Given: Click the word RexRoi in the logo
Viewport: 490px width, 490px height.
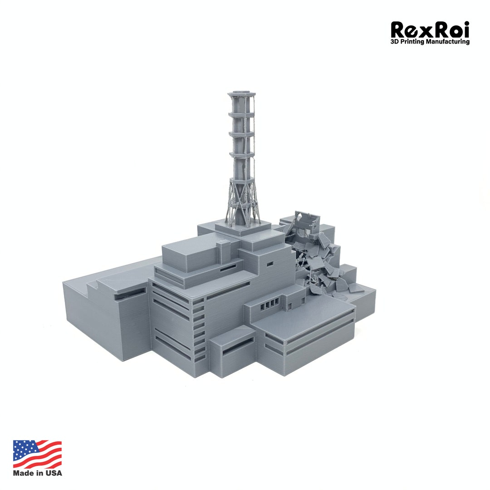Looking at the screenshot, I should [430, 30].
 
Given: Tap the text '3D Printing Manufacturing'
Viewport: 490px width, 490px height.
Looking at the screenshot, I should [430, 42].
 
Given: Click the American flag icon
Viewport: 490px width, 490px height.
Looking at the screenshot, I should [37, 454].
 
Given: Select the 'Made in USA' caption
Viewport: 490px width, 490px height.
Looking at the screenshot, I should [37, 473].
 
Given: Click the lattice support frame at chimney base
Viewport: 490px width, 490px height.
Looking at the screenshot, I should [242, 200].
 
